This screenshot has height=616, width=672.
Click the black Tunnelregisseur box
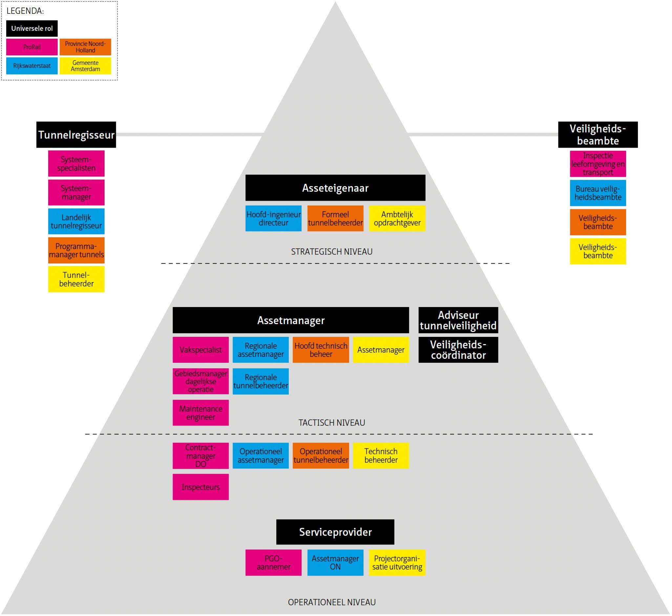pyautogui.click(x=76, y=135)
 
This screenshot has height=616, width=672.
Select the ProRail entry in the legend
pyautogui.click(x=32, y=47)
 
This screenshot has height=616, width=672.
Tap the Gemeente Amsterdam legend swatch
pyautogui.click(x=85, y=66)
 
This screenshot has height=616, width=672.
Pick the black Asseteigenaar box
pyautogui.click(x=335, y=188)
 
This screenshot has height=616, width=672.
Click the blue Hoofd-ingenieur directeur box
pyautogui.click(x=273, y=218)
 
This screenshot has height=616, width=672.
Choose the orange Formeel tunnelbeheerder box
pyautogui.click(x=335, y=218)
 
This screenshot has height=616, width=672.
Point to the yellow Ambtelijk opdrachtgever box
pyautogui.click(x=397, y=218)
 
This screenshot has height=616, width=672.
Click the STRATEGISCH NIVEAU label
pyautogui.click(x=331, y=252)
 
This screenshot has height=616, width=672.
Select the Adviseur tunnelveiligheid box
pyautogui.click(x=458, y=320)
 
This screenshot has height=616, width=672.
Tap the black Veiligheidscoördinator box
pyautogui.click(x=458, y=350)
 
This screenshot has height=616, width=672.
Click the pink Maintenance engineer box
pyautogui.click(x=200, y=413)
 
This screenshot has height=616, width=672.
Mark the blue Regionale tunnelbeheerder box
pyautogui.click(x=261, y=381)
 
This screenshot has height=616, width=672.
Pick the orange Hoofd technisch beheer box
pyautogui.click(x=321, y=350)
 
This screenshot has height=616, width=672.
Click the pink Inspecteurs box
pyautogui.click(x=200, y=487)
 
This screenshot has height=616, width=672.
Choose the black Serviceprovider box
pyautogui.click(x=335, y=532)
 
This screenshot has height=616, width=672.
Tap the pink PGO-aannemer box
pyautogui.click(x=273, y=563)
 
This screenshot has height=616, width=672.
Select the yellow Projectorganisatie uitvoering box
pyautogui.click(x=397, y=563)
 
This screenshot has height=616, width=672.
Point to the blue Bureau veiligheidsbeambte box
pyautogui.click(x=598, y=193)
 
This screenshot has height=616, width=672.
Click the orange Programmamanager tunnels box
pyautogui.click(x=76, y=250)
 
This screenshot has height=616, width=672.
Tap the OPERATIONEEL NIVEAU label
pyautogui.click(x=331, y=602)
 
